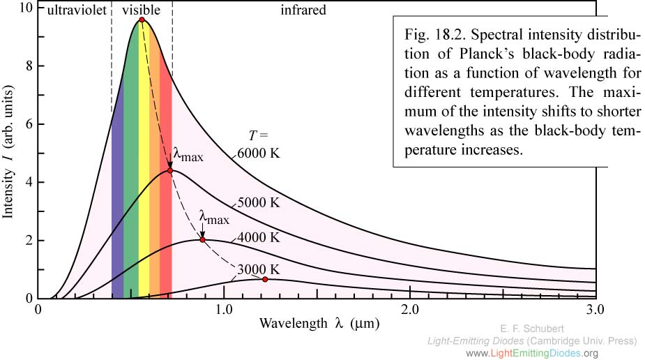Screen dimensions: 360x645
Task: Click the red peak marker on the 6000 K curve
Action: coord(142,20)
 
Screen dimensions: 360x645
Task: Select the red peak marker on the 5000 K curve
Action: coord(170,171)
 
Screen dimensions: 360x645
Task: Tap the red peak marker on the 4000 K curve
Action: coord(202,240)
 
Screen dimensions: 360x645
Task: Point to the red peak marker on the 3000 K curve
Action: coord(265,279)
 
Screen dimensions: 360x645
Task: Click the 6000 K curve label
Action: coord(258,153)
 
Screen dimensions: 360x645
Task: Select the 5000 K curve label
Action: coord(259,203)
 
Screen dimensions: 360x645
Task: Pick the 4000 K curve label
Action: coord(259,237)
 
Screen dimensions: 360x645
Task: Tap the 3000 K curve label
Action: coord(259,270)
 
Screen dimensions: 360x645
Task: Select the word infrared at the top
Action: coord(303,10)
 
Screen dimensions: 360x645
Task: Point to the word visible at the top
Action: coord(141,10)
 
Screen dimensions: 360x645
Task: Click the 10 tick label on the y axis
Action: coord(25,8)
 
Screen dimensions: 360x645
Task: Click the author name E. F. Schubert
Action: coord(533,328)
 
